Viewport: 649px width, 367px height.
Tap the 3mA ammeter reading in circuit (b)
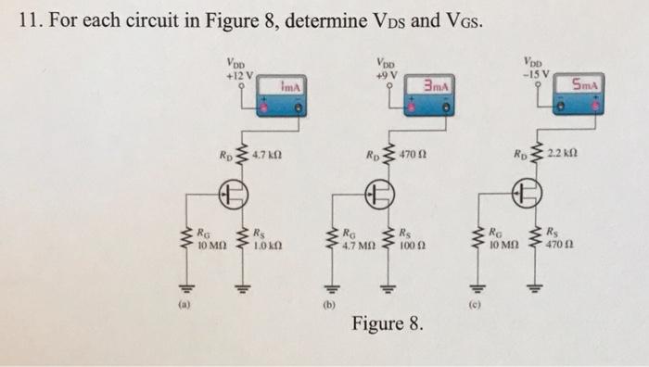[434, 85]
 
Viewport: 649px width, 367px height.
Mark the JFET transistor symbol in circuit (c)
[528, 196]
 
